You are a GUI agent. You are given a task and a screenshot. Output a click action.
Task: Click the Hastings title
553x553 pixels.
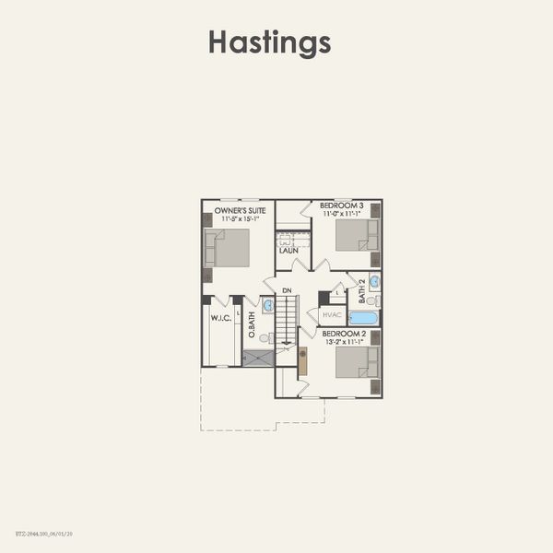(269, 42)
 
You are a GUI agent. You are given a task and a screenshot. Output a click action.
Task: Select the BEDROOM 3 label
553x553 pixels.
(341, 205)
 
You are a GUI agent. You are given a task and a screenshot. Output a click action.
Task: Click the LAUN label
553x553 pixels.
(288, 250)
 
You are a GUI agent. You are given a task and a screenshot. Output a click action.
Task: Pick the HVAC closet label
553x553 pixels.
(332, 314)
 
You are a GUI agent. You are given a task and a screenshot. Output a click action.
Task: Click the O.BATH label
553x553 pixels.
(251, 328)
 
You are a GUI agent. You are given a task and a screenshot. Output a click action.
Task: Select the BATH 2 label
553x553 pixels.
(362, 290)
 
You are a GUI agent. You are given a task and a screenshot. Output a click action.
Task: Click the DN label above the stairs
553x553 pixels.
(287, 291)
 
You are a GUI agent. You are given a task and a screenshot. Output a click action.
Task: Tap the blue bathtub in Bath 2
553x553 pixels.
(363, 317)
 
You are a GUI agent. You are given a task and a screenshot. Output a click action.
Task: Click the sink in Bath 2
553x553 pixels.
(374, 283)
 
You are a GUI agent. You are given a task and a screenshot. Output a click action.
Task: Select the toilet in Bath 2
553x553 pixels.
(371, 300)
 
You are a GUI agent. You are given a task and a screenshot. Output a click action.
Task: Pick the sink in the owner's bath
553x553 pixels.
(267, 305)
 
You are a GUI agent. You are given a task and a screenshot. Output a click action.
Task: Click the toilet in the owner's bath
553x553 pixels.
(264, 338)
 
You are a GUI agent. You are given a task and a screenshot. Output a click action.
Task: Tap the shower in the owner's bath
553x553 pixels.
(258, 358)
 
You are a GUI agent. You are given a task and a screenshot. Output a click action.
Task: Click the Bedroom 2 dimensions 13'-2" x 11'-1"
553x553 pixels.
(341, 341)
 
